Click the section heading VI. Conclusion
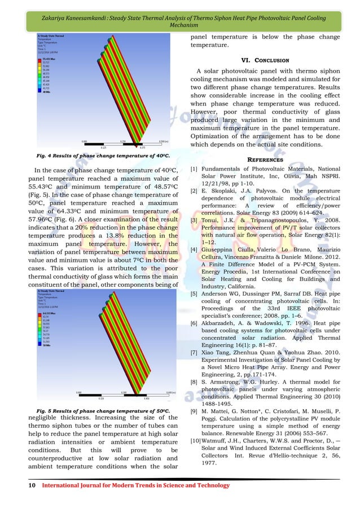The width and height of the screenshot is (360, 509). tap(265, 60)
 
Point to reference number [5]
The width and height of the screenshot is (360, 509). tap(194, 294)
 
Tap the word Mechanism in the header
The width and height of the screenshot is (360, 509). tap(180, 26)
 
